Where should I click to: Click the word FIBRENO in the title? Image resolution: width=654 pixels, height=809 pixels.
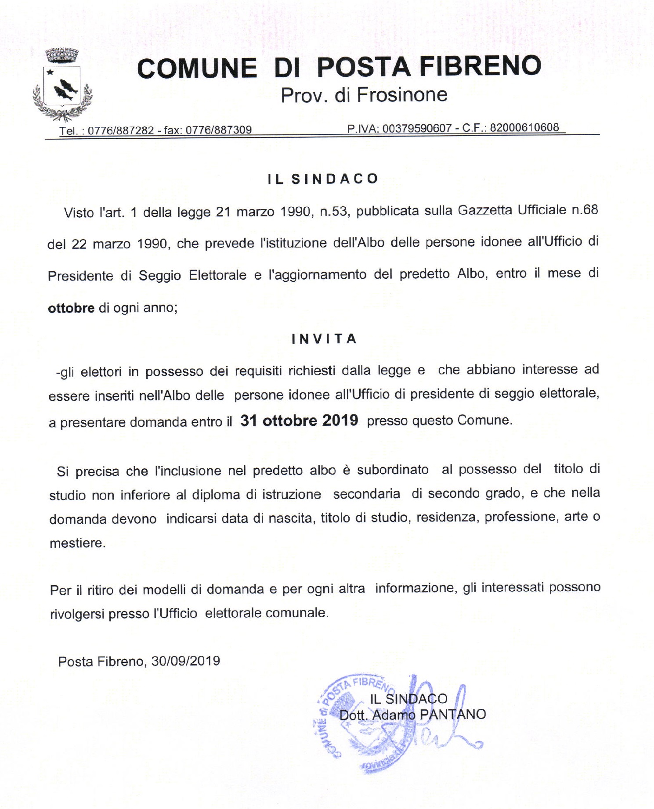[x=481, y=66]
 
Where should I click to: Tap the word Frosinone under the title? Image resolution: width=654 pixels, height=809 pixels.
[x=402, y=95]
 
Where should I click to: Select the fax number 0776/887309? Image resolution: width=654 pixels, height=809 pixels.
[x=218, y=130]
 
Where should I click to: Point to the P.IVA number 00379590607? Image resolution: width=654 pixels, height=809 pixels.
[x=417, y=128]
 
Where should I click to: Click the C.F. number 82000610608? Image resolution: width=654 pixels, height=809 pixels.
[x=524, y=127]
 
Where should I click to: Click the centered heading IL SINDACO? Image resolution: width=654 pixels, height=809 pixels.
[x=323, y=179]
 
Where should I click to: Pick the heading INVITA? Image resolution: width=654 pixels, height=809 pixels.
[x=324, y=339]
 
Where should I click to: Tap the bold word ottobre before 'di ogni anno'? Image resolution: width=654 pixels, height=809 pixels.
[x=71, y=308]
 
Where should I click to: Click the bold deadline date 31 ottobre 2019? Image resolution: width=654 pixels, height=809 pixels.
[x=299, y=421]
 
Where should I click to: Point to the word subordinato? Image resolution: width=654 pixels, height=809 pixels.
[x=393, y=470]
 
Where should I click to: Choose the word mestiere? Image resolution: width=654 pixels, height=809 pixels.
[x=77, y=543]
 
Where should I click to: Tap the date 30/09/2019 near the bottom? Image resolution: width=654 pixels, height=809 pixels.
[x=186, y=661]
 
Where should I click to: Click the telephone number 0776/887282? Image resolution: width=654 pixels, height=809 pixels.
[x=121, y=130]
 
